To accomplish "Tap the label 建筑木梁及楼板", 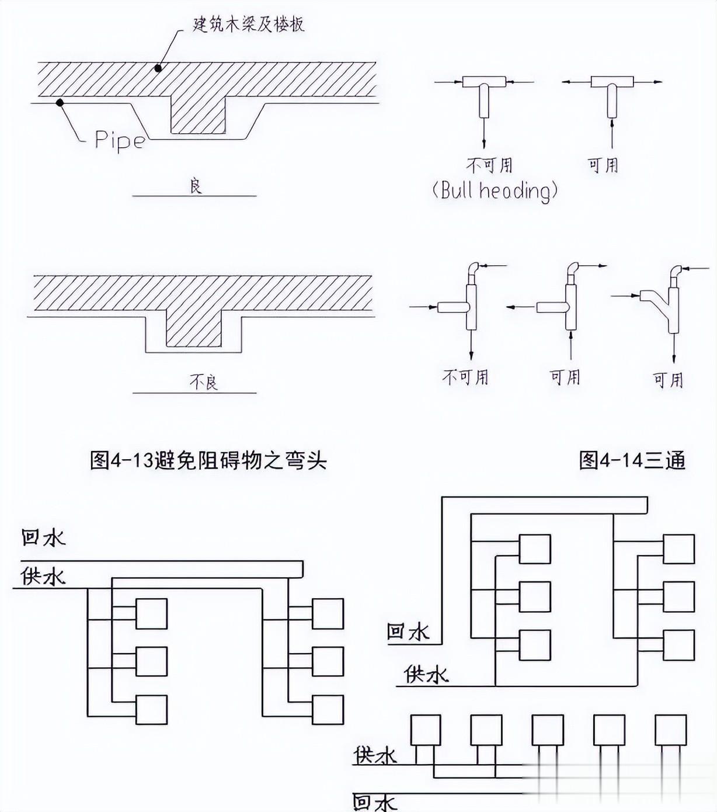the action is [x=248, y=24].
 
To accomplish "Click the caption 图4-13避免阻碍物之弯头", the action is [x=208, y=460].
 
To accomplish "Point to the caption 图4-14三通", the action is [x=632, y=460].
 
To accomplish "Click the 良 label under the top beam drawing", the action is [x=196, y=186].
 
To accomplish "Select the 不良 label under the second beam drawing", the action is [x=204, y=381].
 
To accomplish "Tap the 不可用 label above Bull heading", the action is [x=489, y=165].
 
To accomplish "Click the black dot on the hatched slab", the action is [x=158, y=68].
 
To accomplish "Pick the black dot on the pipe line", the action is [x=60, y=103].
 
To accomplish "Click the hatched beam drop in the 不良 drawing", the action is [x=193, y=328].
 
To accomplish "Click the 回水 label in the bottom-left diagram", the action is [x=43, y=538].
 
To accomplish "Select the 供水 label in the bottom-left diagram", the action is [x=43, y=577].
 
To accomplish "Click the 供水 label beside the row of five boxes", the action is [x=375, y=755].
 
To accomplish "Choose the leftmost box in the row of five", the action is [x=426, y=730].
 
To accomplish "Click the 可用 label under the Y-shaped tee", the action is [x=668, y=380].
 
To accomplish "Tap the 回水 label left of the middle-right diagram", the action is [x=408, y=631].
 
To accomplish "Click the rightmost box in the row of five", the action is [x=670, y=730].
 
